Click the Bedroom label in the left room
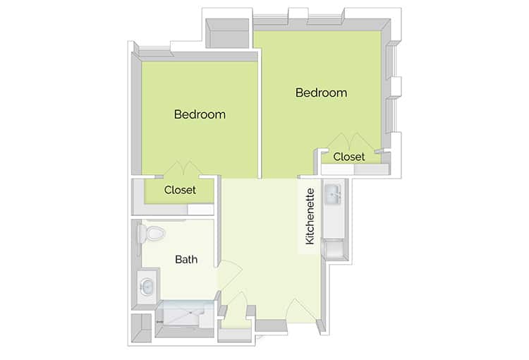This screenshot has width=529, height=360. coord(200,114)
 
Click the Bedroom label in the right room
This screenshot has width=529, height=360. coord(321,93)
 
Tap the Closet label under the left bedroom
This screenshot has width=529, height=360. coord(180,190)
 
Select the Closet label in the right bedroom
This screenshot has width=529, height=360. coord(349,157)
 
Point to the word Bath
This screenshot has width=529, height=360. coord(186,259)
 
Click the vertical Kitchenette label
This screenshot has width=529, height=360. coord(310,216)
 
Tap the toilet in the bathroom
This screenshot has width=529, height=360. coord(151,234)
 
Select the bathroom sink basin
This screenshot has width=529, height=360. coord(147,287)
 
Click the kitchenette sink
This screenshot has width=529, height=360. coord(333,195)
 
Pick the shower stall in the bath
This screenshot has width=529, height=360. coord(185,314)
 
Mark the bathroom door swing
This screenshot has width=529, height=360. coord(229,274)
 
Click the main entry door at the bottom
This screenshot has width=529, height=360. coord(301,311)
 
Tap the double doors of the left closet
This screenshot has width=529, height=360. coord(183,168)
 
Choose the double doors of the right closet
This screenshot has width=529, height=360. coord(351,141)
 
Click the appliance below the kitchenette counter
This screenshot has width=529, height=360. coord(334,250)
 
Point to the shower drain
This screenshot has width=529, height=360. coord(190,313)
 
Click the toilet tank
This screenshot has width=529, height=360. coord(140,234)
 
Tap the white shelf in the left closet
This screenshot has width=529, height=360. coord(200,210)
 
